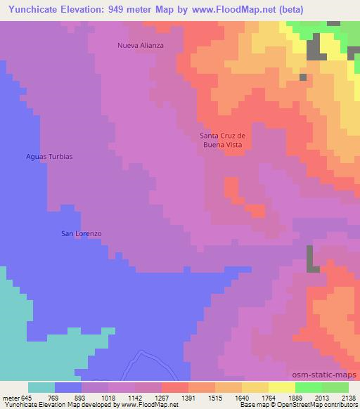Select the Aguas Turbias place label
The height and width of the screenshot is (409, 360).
(x=49, y=156)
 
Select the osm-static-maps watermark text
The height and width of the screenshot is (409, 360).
(x=329, y=375)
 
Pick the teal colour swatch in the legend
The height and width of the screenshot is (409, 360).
(x=41, y=387)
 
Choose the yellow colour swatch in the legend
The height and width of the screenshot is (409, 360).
(x=282, y=387)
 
